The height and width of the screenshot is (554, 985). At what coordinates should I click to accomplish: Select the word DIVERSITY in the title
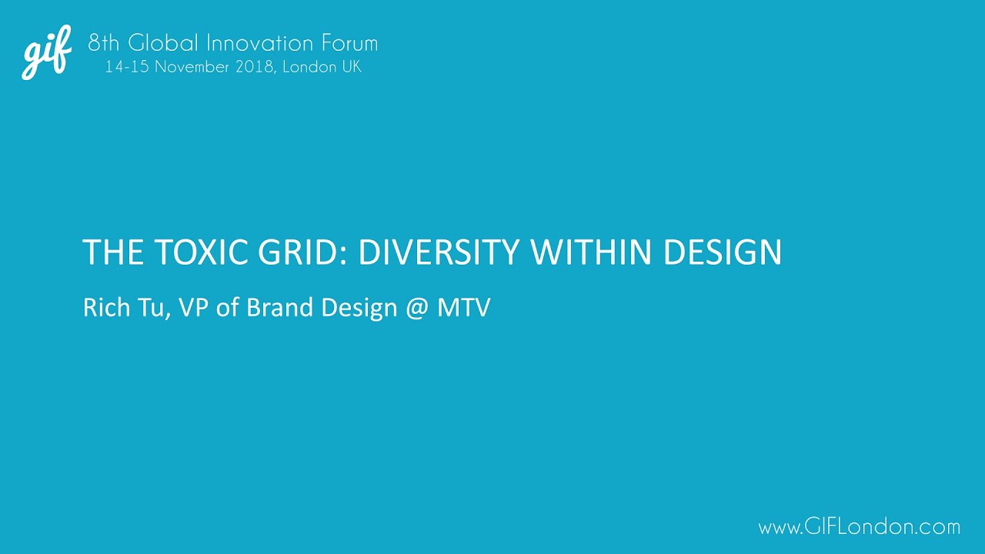[439, 253]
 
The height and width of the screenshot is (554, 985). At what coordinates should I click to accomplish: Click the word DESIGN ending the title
[723, 253]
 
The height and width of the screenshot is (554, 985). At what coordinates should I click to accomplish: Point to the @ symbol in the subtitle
[413, 309]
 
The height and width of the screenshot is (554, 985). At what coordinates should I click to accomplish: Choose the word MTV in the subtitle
[463, 308]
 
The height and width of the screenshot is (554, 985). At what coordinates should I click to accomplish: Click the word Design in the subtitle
[360, 309]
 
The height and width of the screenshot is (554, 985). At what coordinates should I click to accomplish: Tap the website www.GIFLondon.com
[859, 527]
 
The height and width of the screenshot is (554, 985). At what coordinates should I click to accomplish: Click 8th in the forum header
[104, 42]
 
